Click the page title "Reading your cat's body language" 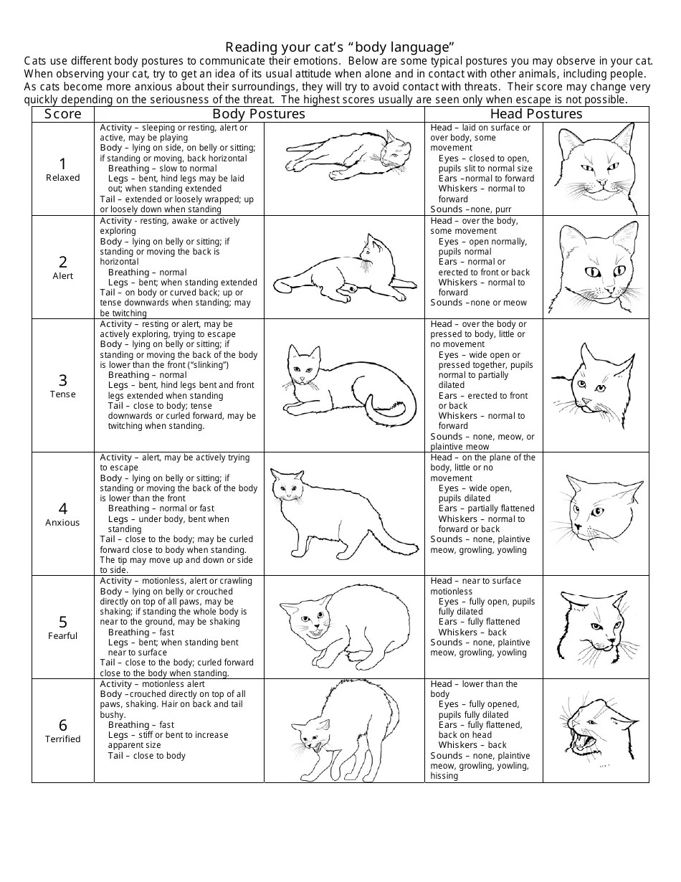point(340,47)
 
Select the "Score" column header point(63,114)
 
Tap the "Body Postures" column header point(259,114)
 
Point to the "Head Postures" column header point(536,114)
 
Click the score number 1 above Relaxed point(63,163)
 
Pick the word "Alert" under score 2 point(63,276)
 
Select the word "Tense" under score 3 point(63,394)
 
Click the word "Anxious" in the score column point(63,523)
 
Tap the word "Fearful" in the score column point(63,636)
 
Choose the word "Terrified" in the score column point(63,739)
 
